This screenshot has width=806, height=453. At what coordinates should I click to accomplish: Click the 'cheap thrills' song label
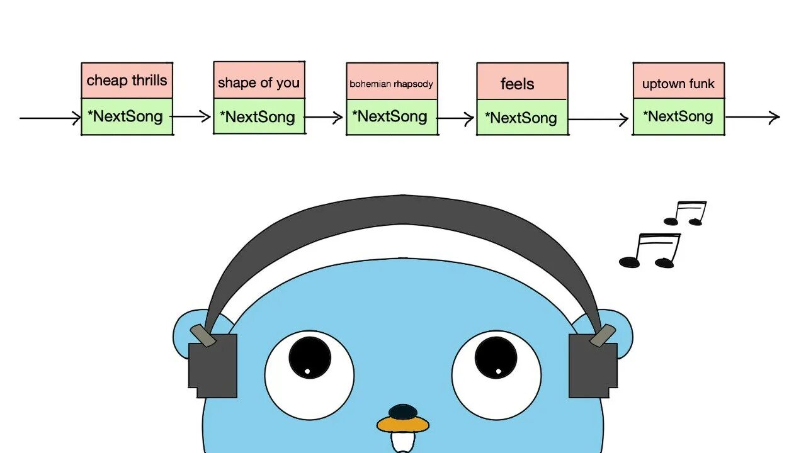click(127, 81)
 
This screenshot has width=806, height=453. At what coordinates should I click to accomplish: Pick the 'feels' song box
click(522, 82)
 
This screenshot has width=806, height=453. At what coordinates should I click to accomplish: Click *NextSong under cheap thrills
click(127, 116)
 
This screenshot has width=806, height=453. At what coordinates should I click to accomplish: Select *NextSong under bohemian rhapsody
click(392, 116)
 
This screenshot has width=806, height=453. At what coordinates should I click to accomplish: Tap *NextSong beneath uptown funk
click(678, 116)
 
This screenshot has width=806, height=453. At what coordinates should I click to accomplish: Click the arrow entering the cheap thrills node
click(50, 118)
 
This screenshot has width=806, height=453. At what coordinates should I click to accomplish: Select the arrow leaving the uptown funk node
click(752, 116)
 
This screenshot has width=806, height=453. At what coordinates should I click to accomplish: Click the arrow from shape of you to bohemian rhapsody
click(324, 117)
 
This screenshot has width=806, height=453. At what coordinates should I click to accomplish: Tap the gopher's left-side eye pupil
click(309, 357)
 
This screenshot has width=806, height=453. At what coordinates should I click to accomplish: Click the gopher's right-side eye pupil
click(496, 357)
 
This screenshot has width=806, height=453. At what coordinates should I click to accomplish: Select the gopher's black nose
click(403, 411)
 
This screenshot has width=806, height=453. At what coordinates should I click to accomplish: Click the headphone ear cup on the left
click(213, 365)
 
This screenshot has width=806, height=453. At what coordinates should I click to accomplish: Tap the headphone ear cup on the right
click(593, 365)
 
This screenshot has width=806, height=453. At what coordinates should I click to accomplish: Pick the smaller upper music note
click(686, 213)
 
